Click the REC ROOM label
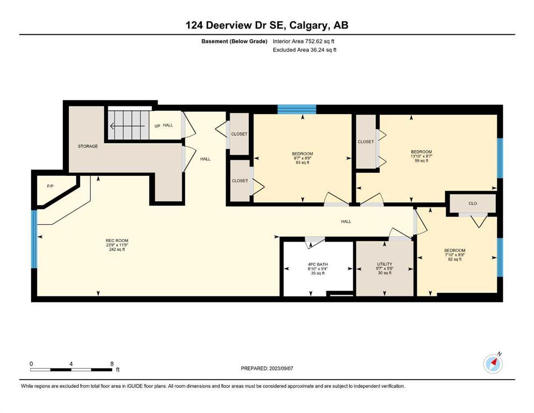click(x=117, y=241)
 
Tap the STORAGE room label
click(x=88, y=146)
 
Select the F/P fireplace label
click(x=50, y=186)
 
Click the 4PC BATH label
click(x=318, y=265)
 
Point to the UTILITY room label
click(x=385, y=264)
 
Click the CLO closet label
click(x=473, y=204)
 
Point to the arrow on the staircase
click(x=127, y=126)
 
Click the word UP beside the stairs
click(x=158, y=126)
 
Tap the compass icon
click(x=493, y=364)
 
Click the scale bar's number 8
click(x=112, y=364)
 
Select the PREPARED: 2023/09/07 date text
click(x=267, y=368)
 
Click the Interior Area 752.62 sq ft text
click(x=303, y=41)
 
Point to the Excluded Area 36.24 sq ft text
click(x=305, y=49)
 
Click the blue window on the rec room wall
click(x=34, y=239)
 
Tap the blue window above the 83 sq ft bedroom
click(x=297, y=109)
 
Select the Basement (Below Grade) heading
click(x=234, y=41)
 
